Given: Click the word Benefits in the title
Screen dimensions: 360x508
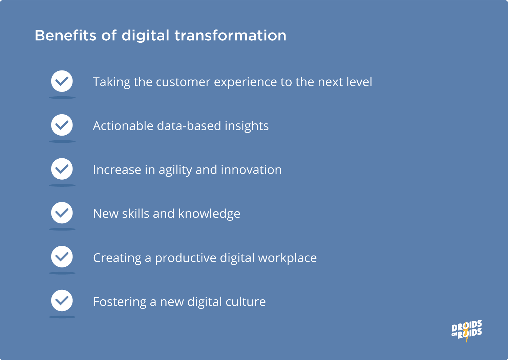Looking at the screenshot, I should pos(65,36).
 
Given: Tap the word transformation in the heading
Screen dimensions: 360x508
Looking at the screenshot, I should pos(230,36).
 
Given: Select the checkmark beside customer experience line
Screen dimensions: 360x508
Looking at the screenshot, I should pos(62,81).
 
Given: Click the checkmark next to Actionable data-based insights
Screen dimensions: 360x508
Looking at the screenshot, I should pos(62,125).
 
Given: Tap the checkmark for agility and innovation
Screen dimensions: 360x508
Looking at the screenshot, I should pos(62,169).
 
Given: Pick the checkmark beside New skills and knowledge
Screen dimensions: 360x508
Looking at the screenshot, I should pos(62,213).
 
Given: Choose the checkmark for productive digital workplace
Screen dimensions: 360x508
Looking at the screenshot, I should pos(62,257).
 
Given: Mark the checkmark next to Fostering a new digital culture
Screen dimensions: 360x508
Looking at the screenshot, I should pos(62,301).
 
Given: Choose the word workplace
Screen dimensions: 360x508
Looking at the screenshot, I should pos(287,258).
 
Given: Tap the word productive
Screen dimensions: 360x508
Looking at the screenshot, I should pos(186,258).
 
